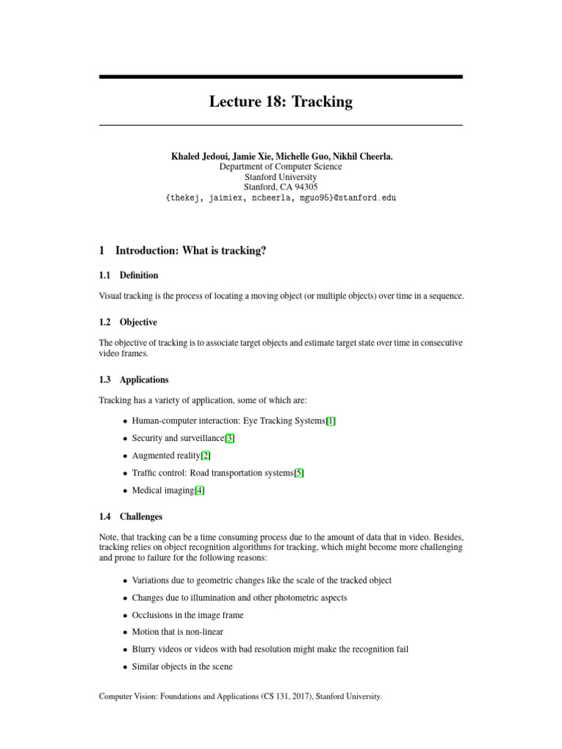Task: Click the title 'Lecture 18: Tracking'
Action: pyautogui.click(x=280, y=102)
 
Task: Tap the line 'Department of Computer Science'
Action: pyautogui.click(x=280, y=167)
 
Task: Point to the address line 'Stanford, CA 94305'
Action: pyautogui.click(x=280, y=187)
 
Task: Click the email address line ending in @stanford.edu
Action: pyautogui.click(x=280, y=198)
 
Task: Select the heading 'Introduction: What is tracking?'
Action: pyautogui.click(x=190, y=251)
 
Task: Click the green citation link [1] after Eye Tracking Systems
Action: pyautogui.click(x=331, y=421)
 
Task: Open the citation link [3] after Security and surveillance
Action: pyautogui.click(x=230, y=438)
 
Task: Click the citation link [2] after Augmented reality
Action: pyautogui.click(x=206, y=456)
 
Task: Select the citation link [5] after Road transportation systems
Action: pyautogui.click(x=299, y=473)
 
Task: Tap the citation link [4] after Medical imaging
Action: pyautogui.click(x=200, y=491)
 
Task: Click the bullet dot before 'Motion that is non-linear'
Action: pyautogui.click(x=125, y=633)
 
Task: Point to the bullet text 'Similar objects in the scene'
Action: pyautogui.click(x=182, y=666)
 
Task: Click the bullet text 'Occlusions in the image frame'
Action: pyautogui.click(x=187, y=615)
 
